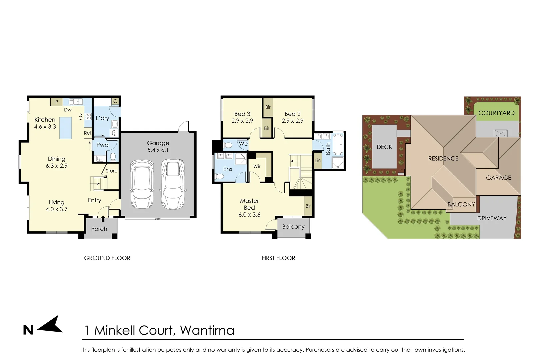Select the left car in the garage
pos(142,184)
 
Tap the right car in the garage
pos(173,184)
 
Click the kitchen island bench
pos(66,128)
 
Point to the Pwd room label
pos(102,145)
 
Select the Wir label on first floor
pos(257,166)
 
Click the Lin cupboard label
pos(317,161)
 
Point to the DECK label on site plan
pos(384,147)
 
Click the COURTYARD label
pos(496,113)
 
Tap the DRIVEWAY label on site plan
pos(492,218)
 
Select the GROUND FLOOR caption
pos(107,258)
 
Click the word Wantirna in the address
pos(207,330)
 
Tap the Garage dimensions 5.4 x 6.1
pos(158,150)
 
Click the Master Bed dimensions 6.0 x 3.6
pos(249,215)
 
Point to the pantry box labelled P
pos(57,102)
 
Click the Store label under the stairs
pos(111,171)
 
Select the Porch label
pos(99,229)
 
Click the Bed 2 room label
pos(292,114)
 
